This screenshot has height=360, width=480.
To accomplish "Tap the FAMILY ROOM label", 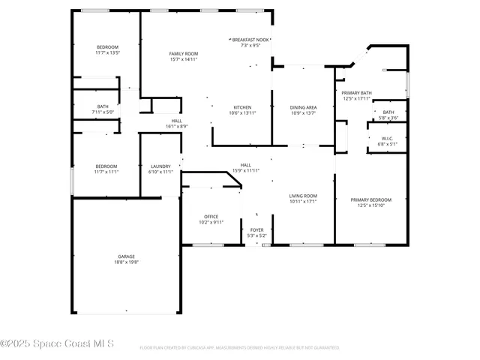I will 183,54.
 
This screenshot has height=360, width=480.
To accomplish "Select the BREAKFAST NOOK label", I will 251,39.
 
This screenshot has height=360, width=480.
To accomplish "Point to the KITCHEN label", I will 242,107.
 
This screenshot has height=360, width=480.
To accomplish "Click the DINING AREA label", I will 303,107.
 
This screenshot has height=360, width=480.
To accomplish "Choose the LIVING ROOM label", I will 303,196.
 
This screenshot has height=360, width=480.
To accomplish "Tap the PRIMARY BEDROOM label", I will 371,199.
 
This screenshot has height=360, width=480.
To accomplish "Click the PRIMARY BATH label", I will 357,93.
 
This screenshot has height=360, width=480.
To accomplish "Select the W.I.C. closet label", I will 387,137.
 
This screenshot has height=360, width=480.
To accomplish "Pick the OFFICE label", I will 211,217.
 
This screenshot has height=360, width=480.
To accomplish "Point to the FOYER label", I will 256,230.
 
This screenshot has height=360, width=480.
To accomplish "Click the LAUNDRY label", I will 160,166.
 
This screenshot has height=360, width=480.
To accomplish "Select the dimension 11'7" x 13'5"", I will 107,53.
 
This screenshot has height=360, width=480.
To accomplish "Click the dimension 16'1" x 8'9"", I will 177,127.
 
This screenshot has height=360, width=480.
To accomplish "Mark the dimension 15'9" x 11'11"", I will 246,170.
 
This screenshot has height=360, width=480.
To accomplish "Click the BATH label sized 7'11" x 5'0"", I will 103,106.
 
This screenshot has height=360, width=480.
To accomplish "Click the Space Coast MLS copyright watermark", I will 57,343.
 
